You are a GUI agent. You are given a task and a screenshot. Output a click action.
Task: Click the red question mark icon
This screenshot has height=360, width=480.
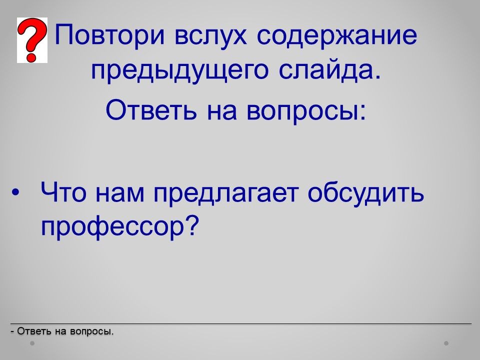[x=32, y=40]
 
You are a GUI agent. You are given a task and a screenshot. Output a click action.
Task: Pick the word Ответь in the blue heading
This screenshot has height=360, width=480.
[x=151, y=109]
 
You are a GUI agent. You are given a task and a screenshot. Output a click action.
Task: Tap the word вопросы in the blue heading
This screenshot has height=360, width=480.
[x=306, y=111]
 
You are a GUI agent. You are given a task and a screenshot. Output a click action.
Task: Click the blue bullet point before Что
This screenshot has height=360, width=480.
[x=15, y=192]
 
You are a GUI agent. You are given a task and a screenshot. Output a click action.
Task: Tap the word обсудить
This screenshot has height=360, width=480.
[x=366, y=193]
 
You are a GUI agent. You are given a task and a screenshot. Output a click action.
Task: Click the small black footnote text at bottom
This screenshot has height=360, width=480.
[x=62, y=331]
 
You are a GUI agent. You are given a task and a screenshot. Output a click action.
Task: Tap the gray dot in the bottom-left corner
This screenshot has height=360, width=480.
[x=32, y=343]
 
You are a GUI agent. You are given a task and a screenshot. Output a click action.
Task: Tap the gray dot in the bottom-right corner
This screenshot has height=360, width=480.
[x=446, y=343]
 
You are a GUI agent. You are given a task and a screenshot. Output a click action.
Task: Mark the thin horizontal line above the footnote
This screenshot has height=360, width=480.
[x=241, y=323]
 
